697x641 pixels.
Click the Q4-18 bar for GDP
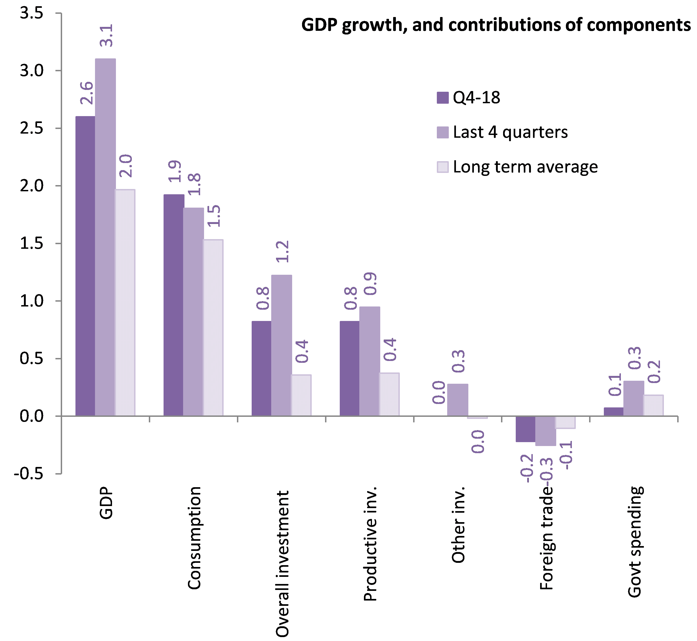[x=85, y=266]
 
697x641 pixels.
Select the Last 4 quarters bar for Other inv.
[x=458, y=400]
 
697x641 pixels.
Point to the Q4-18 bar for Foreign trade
[x=525, y=429]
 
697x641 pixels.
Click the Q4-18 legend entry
[x=469, y=98]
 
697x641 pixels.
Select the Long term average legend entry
[x=517, y=167]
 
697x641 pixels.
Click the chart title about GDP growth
[x=496, y=25]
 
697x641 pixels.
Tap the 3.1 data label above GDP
[x=106, y=35]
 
